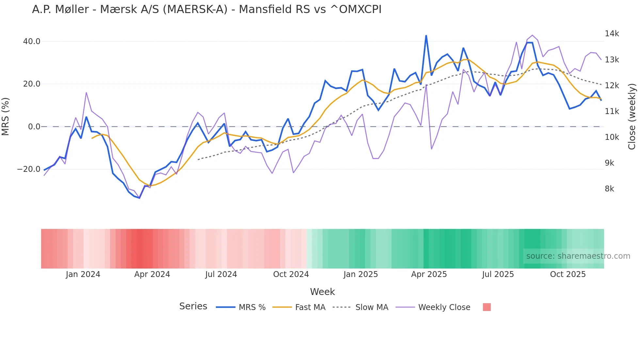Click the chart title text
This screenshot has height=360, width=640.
[206, 9]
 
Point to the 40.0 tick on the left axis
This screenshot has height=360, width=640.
[32, 41]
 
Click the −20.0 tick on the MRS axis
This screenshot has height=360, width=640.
[29, 169]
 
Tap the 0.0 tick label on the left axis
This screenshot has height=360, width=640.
[34, 127]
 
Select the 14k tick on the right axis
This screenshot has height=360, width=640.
[612, 34]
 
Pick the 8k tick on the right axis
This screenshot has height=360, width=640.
[609, 189]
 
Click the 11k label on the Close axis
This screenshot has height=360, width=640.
[612, 111]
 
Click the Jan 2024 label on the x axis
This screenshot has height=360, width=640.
[83, 274]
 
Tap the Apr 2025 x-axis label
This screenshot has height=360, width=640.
[429, 274]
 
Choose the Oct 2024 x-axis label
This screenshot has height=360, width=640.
[291, 274]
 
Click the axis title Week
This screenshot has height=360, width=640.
[322, 292]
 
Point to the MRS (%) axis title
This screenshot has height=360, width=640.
[6, 116]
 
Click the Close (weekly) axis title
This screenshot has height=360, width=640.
[632, 116]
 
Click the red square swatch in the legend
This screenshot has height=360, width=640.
[487, 307]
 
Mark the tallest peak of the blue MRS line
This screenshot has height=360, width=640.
[426, 36]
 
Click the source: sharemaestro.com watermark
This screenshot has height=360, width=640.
[578, 256]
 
